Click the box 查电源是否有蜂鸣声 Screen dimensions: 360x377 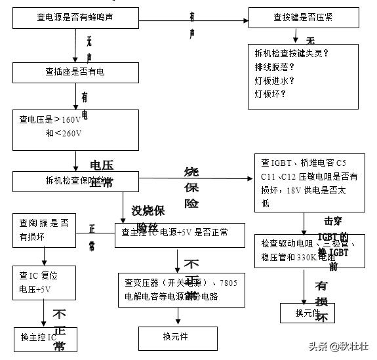76,18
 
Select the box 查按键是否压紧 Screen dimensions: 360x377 303,18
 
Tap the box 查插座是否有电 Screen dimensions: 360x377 76,72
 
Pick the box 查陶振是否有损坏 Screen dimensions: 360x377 43,230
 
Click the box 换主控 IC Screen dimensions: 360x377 43,337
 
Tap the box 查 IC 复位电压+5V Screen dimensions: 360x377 43,282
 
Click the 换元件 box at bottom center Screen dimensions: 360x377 175,337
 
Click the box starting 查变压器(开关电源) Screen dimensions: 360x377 176,289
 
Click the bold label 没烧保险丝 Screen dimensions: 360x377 148,218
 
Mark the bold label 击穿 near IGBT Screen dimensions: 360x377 333,221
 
